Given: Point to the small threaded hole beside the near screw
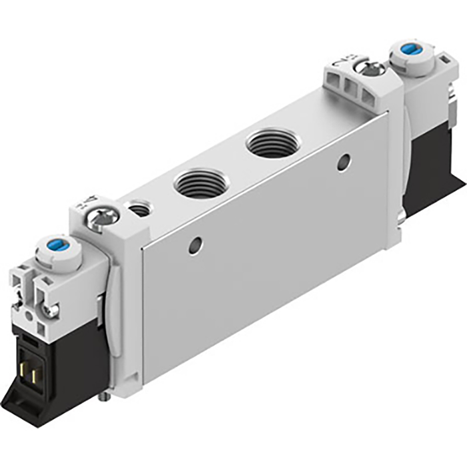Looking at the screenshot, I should tap(140, 210).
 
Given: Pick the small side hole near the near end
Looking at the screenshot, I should tap(195, 246).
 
